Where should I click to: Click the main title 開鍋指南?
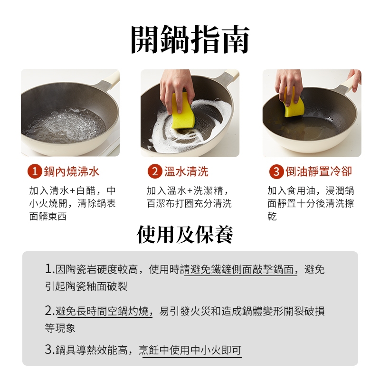pyautogui.click(x=190, y=39)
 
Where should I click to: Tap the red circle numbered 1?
pyautogui.click(x=35, y=171)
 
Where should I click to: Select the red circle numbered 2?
pyautogui.click(x=155, y=171)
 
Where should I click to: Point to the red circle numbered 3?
pyautogui.click(x=276, y=171)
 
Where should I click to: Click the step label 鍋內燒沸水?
pyautogui.click(x=72, y=171)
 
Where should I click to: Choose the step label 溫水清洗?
pyautogui.click(x=186, y=171)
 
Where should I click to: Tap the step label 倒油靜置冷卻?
pyautogui.click(x=319, y=171)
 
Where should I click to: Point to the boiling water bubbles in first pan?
pyautogui.click(x=65, y=125)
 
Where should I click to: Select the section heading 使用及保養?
pyautogui.click(x=185, y=234)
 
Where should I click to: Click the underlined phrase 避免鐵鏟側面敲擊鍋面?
pyautogui.click(x=241, y=269)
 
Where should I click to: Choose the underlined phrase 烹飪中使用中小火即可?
pyautogui.click(x=190, y=350)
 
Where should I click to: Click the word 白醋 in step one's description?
pyautogui.click(x=86, y=191)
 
